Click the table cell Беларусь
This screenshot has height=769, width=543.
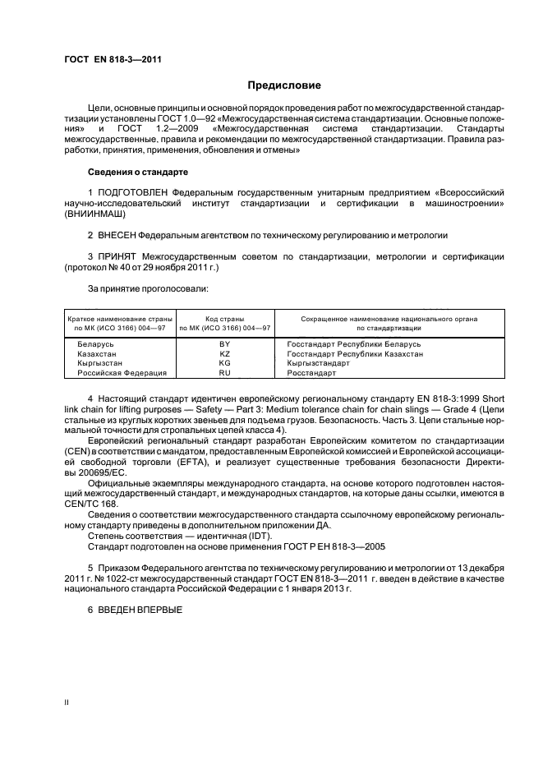(x=95, y=343)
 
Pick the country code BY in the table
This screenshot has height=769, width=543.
(x=224, y=343)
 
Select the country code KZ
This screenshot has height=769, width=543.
(x=224, y=353)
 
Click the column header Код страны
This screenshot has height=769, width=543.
(x=224, y=318)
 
